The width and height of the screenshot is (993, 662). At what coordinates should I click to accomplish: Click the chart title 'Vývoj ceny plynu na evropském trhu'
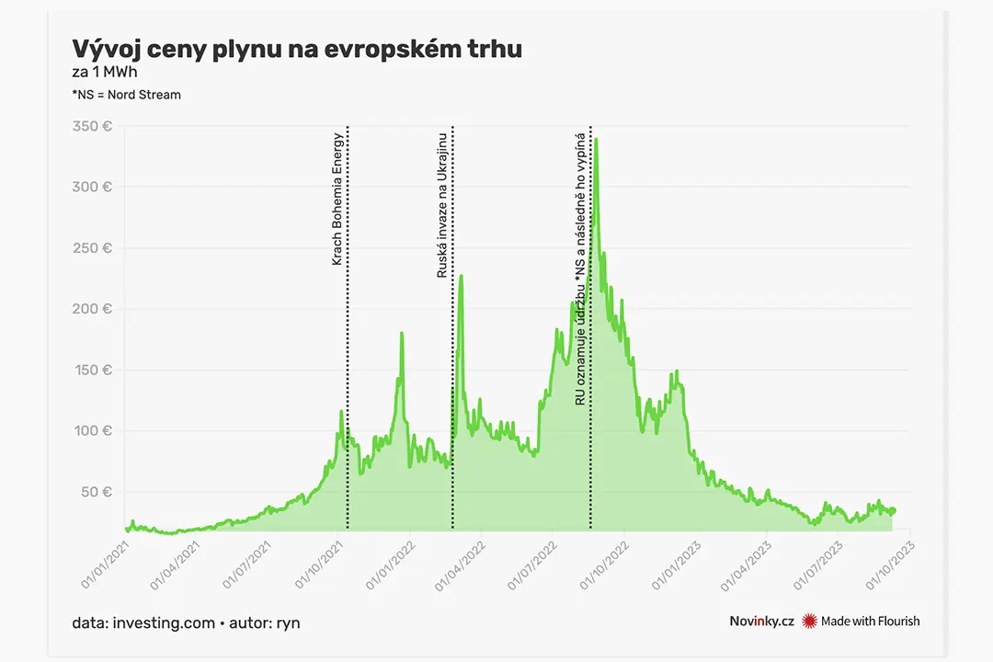point(297,50)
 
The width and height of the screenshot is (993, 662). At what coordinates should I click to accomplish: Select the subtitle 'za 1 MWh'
point(105,73)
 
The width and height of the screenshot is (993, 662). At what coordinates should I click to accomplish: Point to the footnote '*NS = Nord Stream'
point(127,95)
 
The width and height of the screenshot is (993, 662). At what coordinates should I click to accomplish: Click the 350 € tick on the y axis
point(93,126)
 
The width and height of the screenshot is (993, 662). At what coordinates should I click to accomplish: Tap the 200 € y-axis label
point(93,309)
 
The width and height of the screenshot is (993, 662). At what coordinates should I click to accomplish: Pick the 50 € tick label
point(97,492)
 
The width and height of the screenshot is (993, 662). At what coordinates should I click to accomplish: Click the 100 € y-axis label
point(93,431)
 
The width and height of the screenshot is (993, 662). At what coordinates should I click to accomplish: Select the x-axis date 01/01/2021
point(105,565)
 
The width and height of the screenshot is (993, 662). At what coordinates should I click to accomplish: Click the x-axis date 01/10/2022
point(603,565)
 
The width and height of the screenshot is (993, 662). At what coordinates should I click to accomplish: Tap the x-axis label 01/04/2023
point(746,565)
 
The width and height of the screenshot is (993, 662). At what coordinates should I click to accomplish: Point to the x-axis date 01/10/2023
point(890,565)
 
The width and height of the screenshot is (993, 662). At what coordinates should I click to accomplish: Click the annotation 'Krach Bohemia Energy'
point(337,199)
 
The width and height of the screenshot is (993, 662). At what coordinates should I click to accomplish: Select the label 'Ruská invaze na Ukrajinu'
point(442,205)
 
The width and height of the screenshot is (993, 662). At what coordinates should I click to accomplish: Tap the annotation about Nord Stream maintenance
point(580,268)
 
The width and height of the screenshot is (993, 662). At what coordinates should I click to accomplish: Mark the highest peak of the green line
point(596,140)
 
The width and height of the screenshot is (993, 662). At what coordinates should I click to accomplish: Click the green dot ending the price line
point(892,510)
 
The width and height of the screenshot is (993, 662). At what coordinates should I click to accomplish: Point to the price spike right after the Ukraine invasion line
point(461,276)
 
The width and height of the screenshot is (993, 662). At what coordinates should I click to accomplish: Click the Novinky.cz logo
point(761,622)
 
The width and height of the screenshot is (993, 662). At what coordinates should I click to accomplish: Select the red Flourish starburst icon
point(809,622)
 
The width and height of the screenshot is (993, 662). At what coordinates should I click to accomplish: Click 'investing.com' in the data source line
point(164,623)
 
